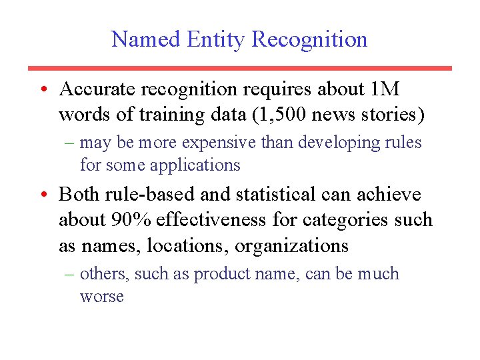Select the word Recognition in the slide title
tap(310, 39)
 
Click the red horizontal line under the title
tap(240, 68)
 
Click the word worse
tap(102, 296)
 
